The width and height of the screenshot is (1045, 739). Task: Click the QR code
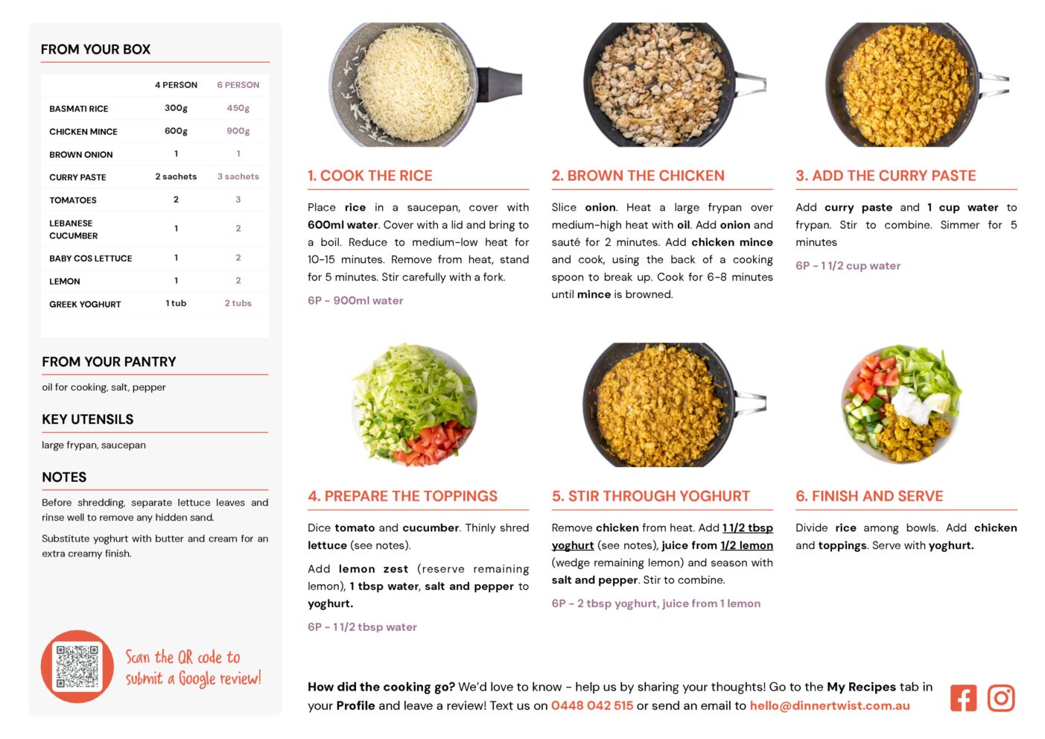pyautogui.click(x=77, y=666)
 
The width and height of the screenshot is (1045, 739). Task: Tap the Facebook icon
pyautogui.click(x=963, y=698)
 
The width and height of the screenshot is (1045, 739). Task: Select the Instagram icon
pyautogui.click(x=1001, y=698)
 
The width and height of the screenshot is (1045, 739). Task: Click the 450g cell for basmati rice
pyautogui.click(x=238, y=108)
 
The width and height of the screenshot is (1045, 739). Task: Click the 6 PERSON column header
pyautogui.click(x=238, y=85)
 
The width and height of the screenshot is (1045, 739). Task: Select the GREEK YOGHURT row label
pyautogui.click(x=85, y=304)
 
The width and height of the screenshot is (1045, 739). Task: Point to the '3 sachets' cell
pyautogui.click(x=238, y=177)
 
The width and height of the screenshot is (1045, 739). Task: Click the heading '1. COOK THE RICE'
pyautogui.click(x=370, y=175)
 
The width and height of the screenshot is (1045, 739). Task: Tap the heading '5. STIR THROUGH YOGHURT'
pyautogui.click(x=651, y=496)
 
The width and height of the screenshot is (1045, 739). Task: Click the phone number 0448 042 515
pyautogui.click(x=592, y=705)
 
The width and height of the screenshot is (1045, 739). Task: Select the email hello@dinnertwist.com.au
pyautogui.click(x=830, y=705)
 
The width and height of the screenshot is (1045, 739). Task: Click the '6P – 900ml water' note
pyautogui.click(x=355, y=300)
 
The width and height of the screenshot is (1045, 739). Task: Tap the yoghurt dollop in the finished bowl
pyautogui.click(x=909, y=404)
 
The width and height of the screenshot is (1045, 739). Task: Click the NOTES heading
pyautogui.click(x=64, y=477)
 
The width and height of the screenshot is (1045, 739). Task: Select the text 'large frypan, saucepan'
pyautogui.click(x=94, y=445)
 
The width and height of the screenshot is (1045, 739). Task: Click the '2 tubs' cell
pyautogui.click(x=238, y=303)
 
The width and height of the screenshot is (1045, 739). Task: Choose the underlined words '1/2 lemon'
pyautogui.click(x=746, y=545)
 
